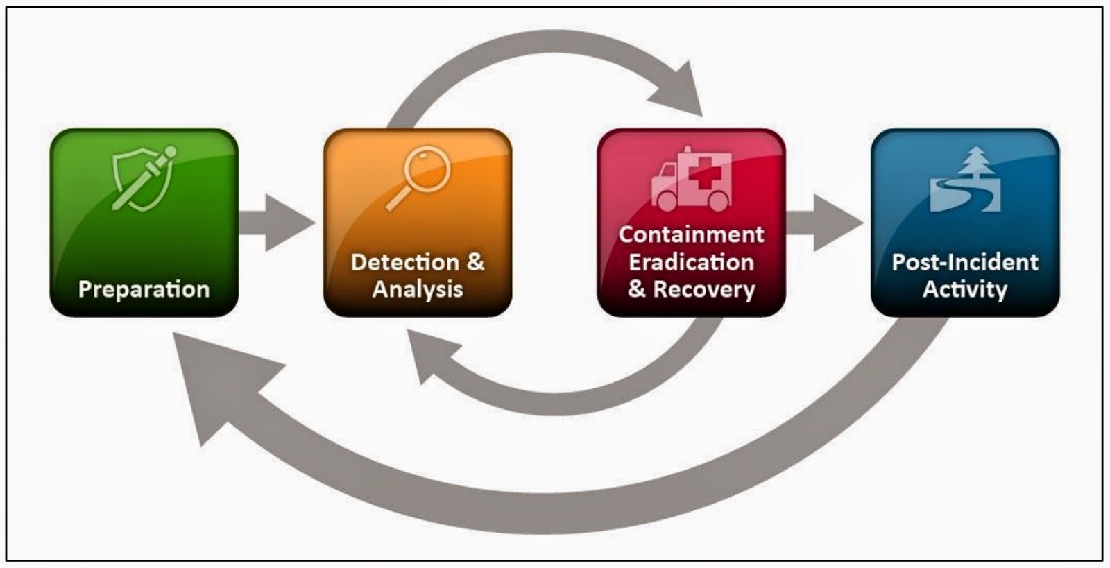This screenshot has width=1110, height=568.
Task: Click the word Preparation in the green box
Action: pos(144,289)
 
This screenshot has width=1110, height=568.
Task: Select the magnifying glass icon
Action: pos(419,177)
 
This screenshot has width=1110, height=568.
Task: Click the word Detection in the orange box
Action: pos(404,262)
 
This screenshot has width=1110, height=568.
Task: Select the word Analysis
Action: pos(418,289)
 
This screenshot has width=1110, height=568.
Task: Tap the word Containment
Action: pos(691,234)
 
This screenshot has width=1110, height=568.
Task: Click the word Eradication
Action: pos(691,262)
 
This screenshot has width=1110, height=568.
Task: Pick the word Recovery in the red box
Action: pos(704,289)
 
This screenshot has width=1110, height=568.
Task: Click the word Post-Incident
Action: pos(965,262)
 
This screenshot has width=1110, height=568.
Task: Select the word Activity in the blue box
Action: pos(965,289)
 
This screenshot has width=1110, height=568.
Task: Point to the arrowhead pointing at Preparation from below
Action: pos(215,378)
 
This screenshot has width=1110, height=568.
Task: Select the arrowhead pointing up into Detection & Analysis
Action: pos(430,354)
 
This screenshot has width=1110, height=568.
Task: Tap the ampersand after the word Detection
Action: pos(475,262)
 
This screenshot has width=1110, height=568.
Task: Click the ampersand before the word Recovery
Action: pos(636,289)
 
